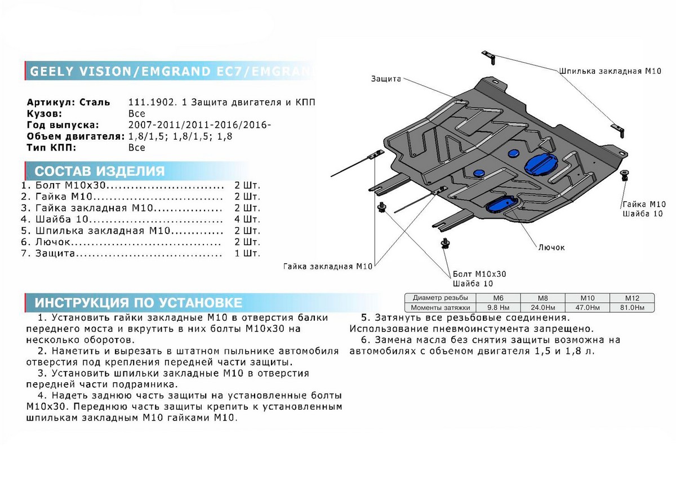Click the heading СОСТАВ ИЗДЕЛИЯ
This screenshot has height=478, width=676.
(x=100, y=171)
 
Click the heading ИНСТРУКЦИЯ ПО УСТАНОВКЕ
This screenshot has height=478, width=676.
(x=138, y=303)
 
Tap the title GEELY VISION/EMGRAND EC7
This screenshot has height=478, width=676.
(x=169, y=72)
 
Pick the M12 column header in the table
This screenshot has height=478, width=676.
(x=631, y=298)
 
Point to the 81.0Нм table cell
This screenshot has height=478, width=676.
(x=631, y=308)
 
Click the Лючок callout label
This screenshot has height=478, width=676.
(x=551, y=247)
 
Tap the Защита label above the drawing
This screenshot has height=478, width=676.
(x=385, y=79)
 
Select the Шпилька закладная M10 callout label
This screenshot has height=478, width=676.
(x=610, y=72)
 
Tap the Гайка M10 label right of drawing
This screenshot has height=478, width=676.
(x=644, y=204)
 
